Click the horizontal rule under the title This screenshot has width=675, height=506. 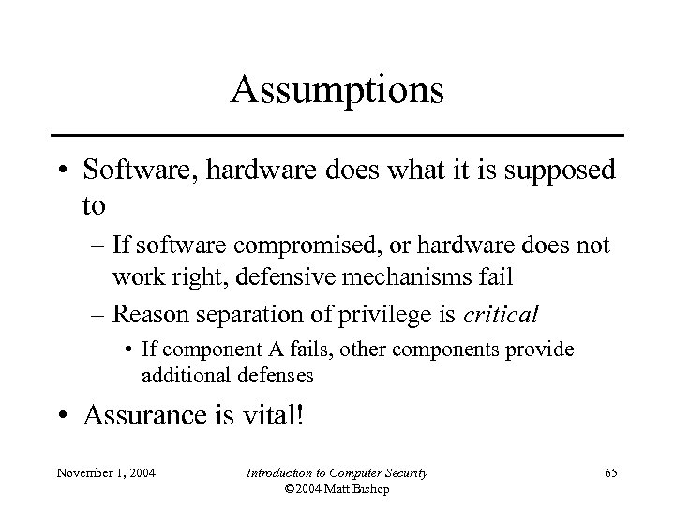click(337, 136)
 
